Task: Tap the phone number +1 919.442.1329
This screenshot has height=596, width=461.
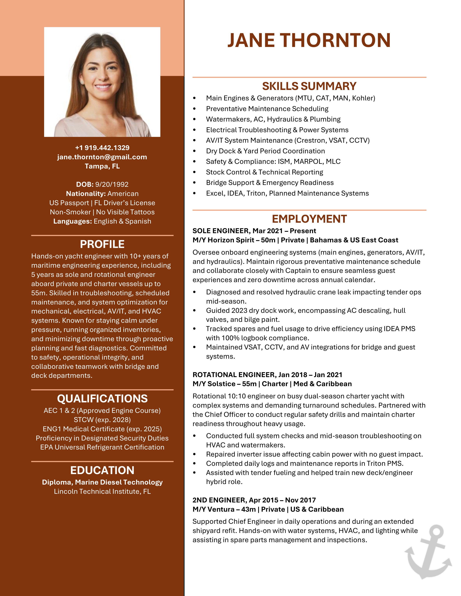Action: pos(102,148)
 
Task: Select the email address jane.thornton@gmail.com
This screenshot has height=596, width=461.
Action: pos(102,157)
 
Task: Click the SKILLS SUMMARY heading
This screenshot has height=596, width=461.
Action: pos(309,86)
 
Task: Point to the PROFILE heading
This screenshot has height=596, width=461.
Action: pos(102,244)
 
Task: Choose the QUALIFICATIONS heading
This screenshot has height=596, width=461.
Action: pos(102,399)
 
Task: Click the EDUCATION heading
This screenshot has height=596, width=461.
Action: pos(102,470)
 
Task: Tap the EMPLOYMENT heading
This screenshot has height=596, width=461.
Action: pos(309,219)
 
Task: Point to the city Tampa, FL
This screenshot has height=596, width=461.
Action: pos(102,166)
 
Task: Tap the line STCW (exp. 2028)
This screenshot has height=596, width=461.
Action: pos(102,420)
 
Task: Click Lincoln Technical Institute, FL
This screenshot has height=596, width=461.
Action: pos(102,491)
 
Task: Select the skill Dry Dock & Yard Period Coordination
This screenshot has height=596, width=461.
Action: pos(265,151)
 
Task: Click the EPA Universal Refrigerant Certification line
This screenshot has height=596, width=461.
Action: pos(102,447)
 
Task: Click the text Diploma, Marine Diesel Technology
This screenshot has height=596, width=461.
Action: pos(102,482)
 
